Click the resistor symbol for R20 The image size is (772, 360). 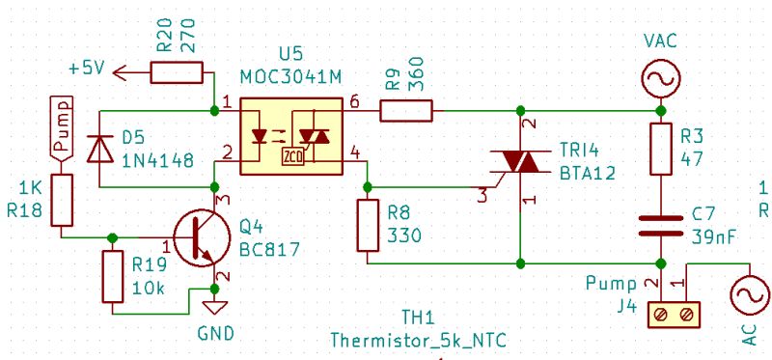pos(176,71)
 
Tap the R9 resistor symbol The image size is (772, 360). pos(406,111)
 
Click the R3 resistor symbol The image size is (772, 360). pos(661,150)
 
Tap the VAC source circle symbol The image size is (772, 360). pos(661,79)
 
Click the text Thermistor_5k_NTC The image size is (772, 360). pos(418,341)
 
